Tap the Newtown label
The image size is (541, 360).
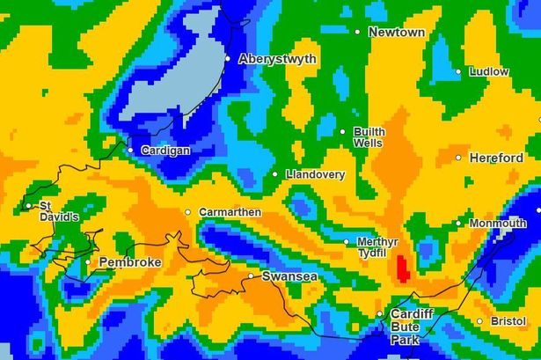click(397, 32)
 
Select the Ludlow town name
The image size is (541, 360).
click(489, 71)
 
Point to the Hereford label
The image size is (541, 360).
click(497, 158)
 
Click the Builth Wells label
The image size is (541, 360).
click(369, 136)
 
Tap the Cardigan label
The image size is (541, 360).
click(165, 151)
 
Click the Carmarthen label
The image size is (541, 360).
click(230, 212)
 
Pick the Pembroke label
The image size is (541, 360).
click(129, 262)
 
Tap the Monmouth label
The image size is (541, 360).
click(498, 224)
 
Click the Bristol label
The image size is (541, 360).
click(508, 321)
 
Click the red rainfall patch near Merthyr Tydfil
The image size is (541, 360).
click(403, 268)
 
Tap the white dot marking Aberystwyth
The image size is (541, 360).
click(228, 59)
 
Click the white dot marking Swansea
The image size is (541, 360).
click(251, 276)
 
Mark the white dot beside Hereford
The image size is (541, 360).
click(458, 158)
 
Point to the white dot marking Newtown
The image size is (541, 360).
click(357, 32)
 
